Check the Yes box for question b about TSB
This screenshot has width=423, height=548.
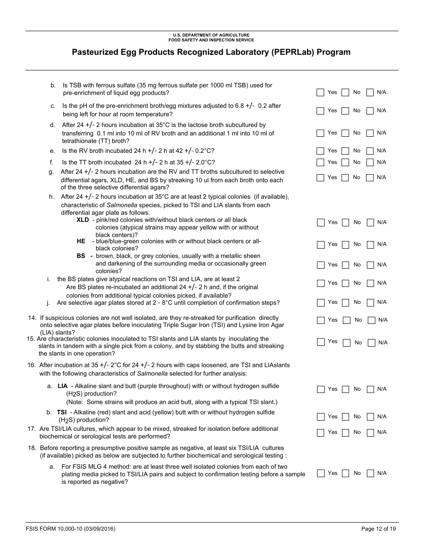[x=320, y=93]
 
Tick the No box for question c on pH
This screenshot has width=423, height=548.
[x=345, y=111]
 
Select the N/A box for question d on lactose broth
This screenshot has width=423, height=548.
[x=370, y=133]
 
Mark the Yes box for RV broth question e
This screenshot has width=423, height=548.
[x=320, y=151]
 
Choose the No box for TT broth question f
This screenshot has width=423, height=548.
[x=345, y=163]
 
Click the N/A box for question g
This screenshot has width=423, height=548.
[x=370, y=178]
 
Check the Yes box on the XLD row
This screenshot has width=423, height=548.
[x=321, y=223]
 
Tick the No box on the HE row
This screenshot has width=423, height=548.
[x=346, y=245]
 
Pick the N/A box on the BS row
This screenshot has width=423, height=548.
[x=370, y=265]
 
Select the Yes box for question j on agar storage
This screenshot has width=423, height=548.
[x=321, y=303]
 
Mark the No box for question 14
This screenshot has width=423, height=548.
[x=346, y=320]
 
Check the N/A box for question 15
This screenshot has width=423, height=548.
[x=372, y=343]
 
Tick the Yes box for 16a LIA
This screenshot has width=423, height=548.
[x=321, y=389]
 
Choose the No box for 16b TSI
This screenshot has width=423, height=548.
[x=346, y=417]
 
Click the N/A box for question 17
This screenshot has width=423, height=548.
[x=370, y=433]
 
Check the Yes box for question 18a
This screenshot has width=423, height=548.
[x=321, y=474]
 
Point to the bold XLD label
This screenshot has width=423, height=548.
[x=83, y=220]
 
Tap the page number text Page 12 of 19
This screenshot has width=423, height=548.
[x=378, y=529]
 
